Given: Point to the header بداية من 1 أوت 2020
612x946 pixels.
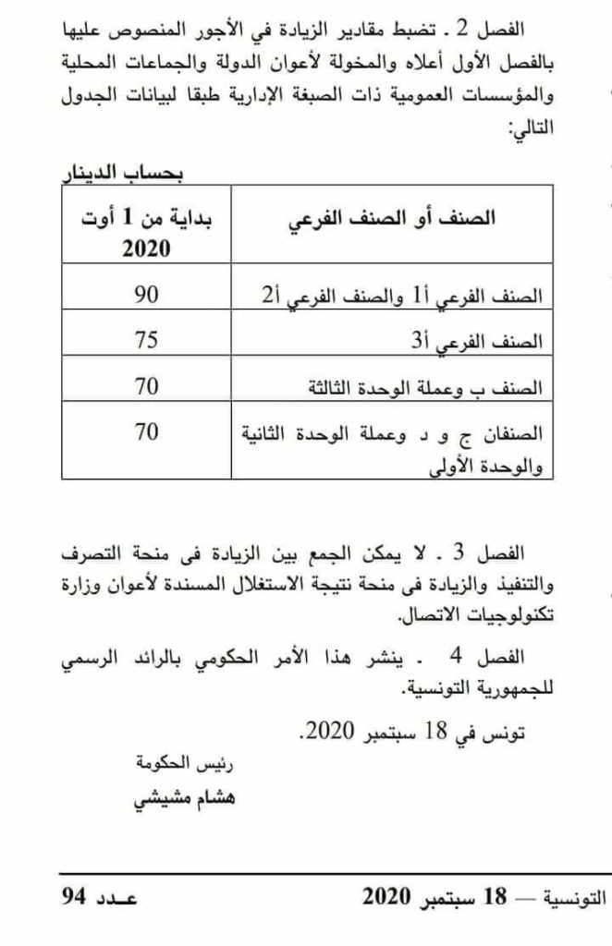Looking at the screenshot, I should tap(147, 234).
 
